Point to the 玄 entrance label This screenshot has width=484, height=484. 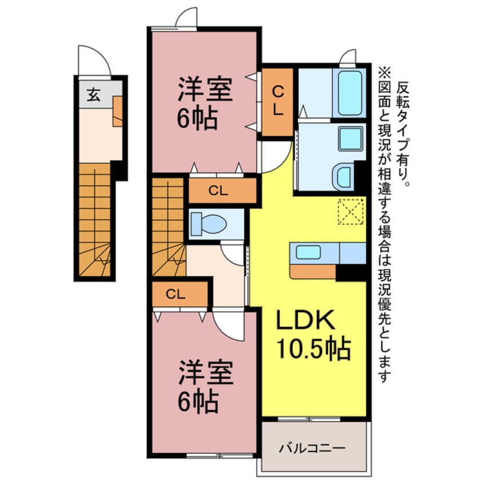pos(93,96)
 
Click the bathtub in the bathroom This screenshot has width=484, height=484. pos(350,93)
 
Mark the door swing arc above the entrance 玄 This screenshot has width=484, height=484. pos(92,61)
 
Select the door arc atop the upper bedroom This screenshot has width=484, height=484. pos(186,17)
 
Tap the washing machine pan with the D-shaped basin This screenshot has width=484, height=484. pos(346,175)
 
